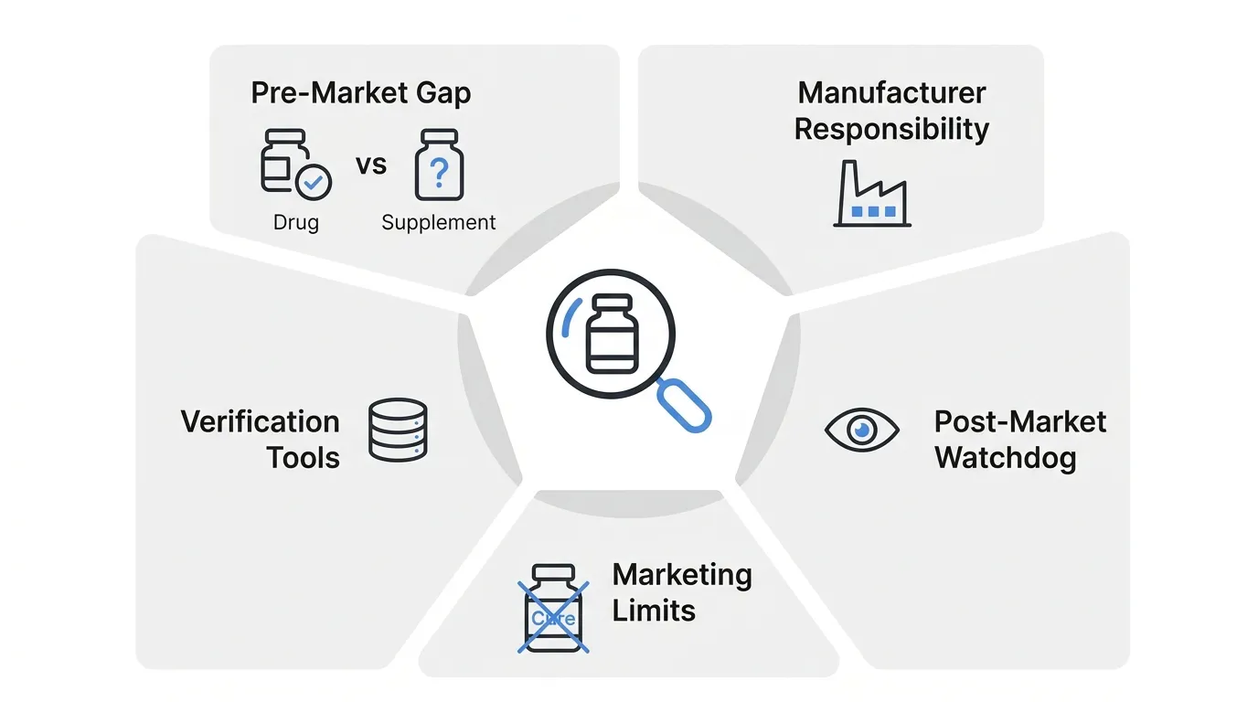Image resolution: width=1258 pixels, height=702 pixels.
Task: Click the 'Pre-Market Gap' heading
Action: pos(360,93)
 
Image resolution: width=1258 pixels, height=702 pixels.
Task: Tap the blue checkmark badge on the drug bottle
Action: pos(314,182)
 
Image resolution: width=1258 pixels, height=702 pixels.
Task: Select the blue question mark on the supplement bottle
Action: pos(439,173)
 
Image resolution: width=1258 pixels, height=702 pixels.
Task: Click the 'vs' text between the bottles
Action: pos(371,165)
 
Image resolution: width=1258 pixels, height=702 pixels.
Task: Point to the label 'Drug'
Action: pos(296,222)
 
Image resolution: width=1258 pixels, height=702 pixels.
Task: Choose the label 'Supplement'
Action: pos(439,223)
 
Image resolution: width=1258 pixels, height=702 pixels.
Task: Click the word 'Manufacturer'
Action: pos(891,92)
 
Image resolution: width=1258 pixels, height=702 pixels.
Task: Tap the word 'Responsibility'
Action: pos(891,129)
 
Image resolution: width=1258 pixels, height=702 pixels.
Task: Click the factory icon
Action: pos(872,194)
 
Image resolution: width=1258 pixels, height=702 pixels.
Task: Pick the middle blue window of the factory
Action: pos(874,212)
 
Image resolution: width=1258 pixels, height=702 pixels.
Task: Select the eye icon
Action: pos(862,431)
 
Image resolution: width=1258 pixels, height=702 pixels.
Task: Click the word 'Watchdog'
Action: pos(1006,458)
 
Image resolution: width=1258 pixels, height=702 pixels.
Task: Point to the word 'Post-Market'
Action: pos(1020,421)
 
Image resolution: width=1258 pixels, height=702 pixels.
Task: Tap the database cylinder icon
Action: pos(398,430)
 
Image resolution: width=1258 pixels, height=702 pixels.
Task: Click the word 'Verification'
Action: pos(260,421)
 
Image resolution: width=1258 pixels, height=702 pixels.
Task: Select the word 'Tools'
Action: pos(304,458)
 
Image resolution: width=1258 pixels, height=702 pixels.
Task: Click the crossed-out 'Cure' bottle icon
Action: pos(553,608)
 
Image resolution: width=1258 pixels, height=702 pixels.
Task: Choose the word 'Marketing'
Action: pos(682,576)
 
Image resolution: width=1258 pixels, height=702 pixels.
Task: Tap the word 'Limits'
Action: pos(654,611)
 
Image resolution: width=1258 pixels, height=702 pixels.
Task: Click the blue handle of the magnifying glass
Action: pos(684,406)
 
